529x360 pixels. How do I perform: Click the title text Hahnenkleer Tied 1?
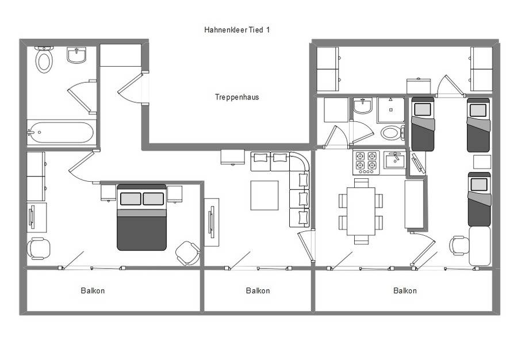pyautogui.click(x=237, y=30)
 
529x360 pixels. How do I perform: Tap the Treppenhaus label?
pyautogui.click(x=237, y=97)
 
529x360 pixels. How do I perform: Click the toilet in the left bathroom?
pyautogui.click(x=44, y=59)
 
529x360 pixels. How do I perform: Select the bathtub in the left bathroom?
pyautogui.click(x=60, y=132)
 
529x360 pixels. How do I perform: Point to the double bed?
pyautogui.click(x=141, y=217)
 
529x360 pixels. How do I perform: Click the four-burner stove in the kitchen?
pyautogui.click(x=366, y=163)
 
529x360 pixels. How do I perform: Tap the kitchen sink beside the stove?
pyautogui.click(x=394, y=160)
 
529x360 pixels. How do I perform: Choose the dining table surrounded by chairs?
pyautogui.click(x=361, y=211)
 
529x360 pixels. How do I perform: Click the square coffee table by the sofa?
pyautogui.click(x=264, y=196)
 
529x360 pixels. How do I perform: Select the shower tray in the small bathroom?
pyautogui.click(x=390, y=110)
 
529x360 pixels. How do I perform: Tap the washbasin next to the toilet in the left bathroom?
pyautogui.click(x=76, y=55)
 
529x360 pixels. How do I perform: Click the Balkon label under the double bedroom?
pyautogui.click(x=93, y=290)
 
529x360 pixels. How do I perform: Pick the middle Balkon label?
pyautogui.click(x=258, y=290)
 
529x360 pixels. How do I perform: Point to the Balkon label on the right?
pyautogui.click(x=405, y=290)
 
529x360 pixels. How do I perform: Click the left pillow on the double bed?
pyautogui.click(x=131, y=199)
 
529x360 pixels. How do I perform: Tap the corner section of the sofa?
pyautogui.click(x=299, y=162)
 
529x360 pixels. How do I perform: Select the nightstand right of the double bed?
pyautogui.click(x=175, y=194)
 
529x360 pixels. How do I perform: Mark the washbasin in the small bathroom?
pyautogui.click(x=363, y=106)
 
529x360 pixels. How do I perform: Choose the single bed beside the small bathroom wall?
pyautogui.click(x=423, y=124)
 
